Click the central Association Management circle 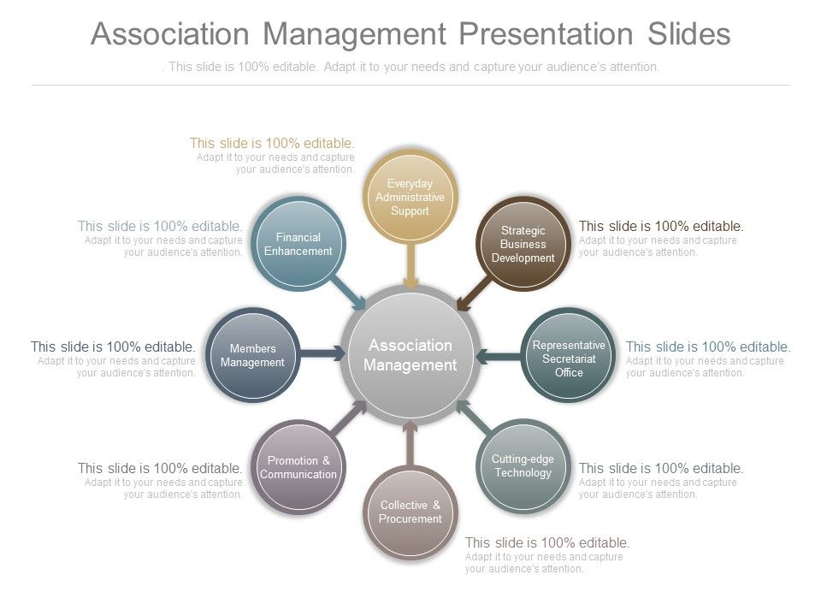pos(410,355)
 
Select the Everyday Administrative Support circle pos(410,198)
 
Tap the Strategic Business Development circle pos(523,244)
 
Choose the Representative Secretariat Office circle pos(569,358)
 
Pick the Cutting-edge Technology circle pos(523,466)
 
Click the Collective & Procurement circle pos(410,512)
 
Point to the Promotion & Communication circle pos(298,467)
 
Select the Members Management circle pos(252,355)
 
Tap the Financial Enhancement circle pos(298,244)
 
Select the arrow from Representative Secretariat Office pos(498,356)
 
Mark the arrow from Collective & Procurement pos(410,441)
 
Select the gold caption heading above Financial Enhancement pos(272,143)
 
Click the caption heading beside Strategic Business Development pos(661,226)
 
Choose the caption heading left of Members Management pos(113,346)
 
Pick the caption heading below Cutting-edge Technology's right pos(661,468)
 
